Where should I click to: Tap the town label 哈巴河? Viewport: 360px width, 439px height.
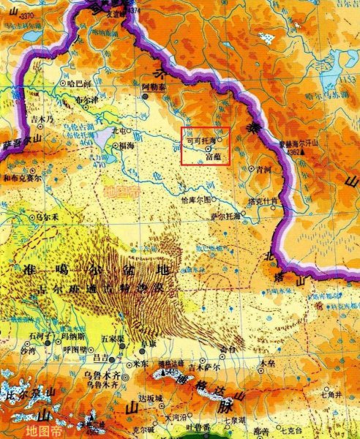[x=77, y=83]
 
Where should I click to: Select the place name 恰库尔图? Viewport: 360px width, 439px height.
[x=195, y=199]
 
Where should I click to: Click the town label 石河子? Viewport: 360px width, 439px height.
[x=37, y=336]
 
